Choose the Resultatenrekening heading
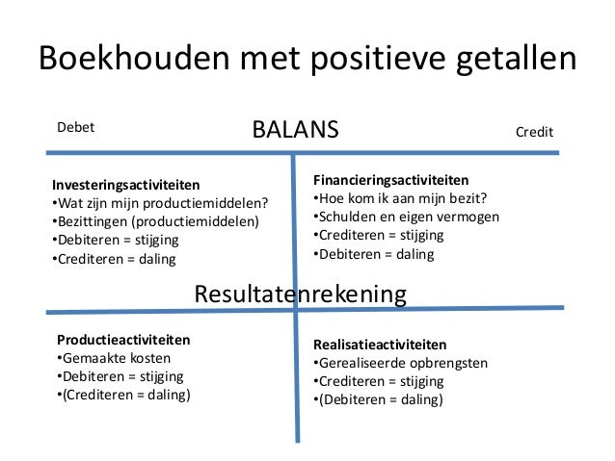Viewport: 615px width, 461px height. tap(301, 294)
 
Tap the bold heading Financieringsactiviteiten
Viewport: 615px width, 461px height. tap(390, 179)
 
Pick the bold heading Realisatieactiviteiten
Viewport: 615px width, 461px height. tap(380, 345)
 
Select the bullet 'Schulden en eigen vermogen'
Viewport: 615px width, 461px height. tap(406, 217)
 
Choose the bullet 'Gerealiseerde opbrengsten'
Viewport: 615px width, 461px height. tap(400, 363)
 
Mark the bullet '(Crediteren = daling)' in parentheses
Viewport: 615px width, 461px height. tap(122, 395)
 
